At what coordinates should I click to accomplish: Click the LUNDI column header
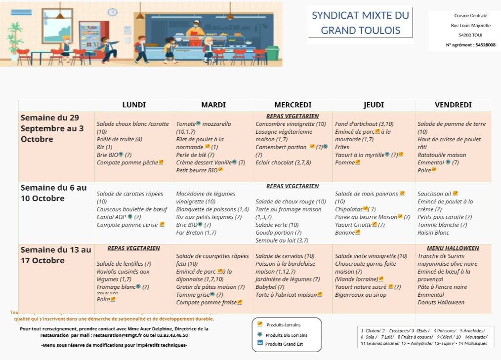[134, 105]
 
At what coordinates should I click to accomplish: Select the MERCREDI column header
[292, 105]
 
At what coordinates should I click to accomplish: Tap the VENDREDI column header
[453, 105]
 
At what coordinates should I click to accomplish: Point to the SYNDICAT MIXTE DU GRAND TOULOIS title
[360, 23]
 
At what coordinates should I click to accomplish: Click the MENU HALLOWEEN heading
[453, 248]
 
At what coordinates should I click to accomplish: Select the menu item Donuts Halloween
[441, 302]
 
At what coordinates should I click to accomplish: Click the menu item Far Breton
[196, 232]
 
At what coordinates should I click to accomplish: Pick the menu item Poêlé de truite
[119, 139]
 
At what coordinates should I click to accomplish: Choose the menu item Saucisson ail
[435, 194]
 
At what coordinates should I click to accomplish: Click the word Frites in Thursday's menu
[342, 147]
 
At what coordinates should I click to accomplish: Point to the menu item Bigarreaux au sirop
[361, 295]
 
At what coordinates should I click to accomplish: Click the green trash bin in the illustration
[273, 53]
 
